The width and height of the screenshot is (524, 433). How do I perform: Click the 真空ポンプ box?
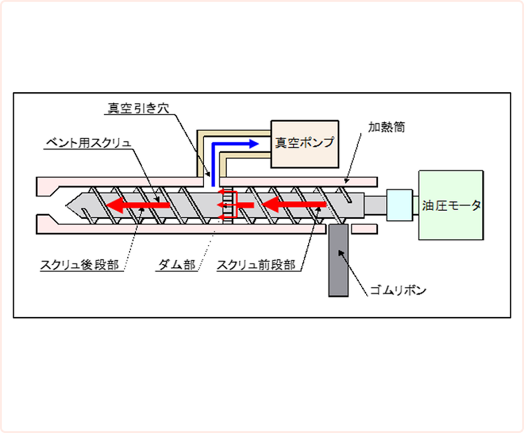pyautogui.click(x=304, y=144)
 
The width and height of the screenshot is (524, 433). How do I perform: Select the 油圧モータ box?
pyautogui.click(x=450, y=205)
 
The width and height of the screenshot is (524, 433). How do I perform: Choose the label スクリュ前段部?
pyautogui.click(x=256, y=265)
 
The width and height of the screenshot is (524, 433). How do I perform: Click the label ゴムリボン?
pyautogui.click(x=398, y=290)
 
